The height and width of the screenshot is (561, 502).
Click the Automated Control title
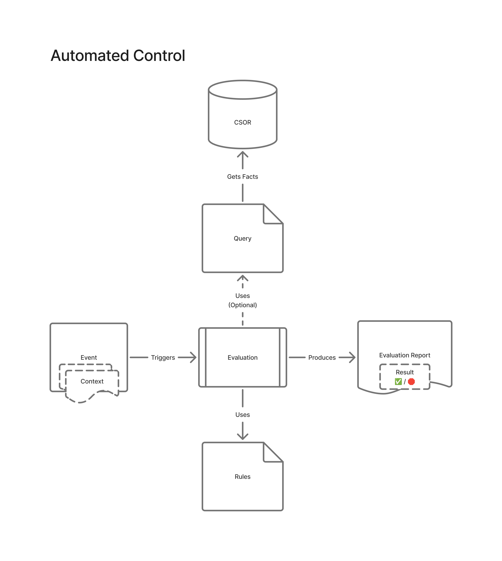[118, 56]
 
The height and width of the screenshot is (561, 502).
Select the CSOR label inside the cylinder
[242, 122]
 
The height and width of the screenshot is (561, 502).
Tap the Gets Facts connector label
[242, 177]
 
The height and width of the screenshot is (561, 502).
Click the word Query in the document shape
[242, 238]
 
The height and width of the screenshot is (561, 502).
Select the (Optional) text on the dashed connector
[242, 305]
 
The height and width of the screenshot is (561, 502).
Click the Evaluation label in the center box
[242, 358]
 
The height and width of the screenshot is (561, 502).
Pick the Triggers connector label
[163, 358]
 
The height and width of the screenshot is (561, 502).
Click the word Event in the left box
[89, 358]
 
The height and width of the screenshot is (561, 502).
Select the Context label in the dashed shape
[92, 381]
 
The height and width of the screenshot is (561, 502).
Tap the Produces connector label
[322, 358]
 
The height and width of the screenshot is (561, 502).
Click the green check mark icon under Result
[398, 382]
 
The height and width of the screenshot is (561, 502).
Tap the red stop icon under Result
[411, 382]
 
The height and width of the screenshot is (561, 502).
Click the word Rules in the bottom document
[242, 477]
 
